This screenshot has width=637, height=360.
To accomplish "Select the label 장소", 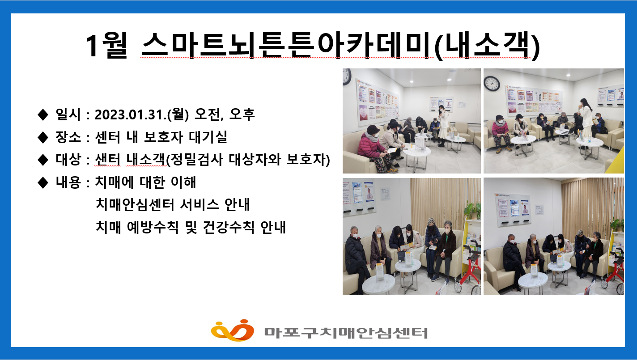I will [68, 137].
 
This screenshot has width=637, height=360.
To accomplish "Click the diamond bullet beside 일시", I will [43, 115].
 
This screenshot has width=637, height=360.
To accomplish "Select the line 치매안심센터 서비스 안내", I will [173, 205].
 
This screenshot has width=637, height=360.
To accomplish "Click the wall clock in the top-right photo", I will [492, 83].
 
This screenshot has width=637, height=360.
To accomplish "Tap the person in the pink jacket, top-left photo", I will [373, 143].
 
